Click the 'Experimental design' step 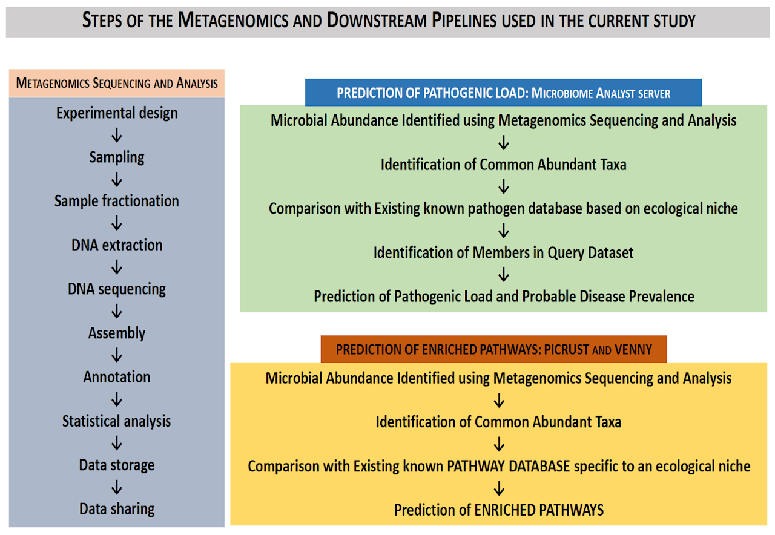click(x=117, y=113)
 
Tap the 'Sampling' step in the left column click(x=117, y=157)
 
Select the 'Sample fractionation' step click(x=117, y=201)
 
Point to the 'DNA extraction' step click(x=117, y=245)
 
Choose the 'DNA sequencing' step click(x=117, y=289)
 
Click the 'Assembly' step click(x=117, y=333)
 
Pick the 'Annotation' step click(x=117, y=377)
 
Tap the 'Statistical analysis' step click(x=117, y=421)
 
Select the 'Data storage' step click(x=117, y=465)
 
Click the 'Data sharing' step click(x=117, y=509)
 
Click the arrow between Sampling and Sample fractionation click(x=117, y=180)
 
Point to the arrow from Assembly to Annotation click(x=117, y=355)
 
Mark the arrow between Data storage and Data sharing click(x=117, y=487)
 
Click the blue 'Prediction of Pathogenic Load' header click(x=503, y=93)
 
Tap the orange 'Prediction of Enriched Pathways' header click(x=493, y=349)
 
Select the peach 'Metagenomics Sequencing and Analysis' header click(x=117, y=83)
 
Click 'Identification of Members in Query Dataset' click(x=503, y=252)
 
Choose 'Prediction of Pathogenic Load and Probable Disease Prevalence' click(x=504, y=297)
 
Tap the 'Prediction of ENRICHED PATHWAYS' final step click(x=499, y=510)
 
